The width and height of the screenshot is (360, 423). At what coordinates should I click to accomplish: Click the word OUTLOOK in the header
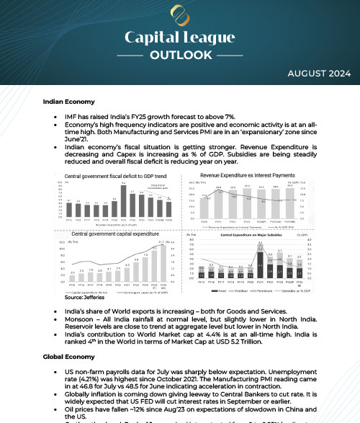point(180,54)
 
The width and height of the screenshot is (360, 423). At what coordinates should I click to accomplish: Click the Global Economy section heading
point(68,357)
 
